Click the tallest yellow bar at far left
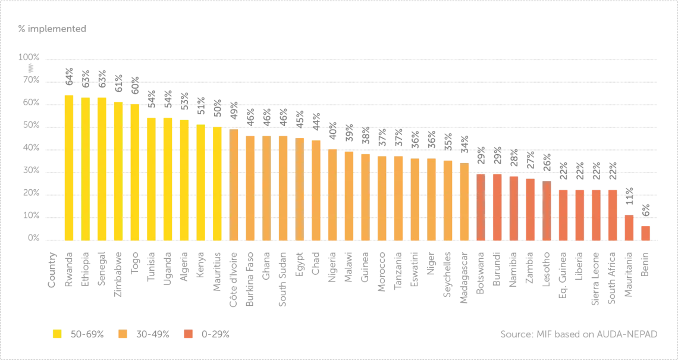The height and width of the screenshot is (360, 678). pyautogui.click(x=69, y=167)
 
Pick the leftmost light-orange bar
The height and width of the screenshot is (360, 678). pyautogui.click(x=234, y=184)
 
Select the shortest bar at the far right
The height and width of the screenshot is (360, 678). pyautogui.click(x=646, y=232)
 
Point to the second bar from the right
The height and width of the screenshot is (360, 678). pyautogui.click(x=629, y=227)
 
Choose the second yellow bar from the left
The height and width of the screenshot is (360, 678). pyautogui.click(x=86, y=168)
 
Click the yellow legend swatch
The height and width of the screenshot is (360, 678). pyautogui.click(x=57, y=334)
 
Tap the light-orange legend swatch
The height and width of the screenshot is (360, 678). pyautogui.click(x=123, y=334)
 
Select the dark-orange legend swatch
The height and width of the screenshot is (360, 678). pyautogui.click(x=189, y=334)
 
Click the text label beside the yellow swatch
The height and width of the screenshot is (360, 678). pyautogui.click(x=85, y=334)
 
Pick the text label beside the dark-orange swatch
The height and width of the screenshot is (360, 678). pyautogui.click(x=216, y=334)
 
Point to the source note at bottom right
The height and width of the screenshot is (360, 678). pyautogui.click(x=580, y=333)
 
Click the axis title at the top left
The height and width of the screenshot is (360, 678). pyautogui.click(x=52, y=29)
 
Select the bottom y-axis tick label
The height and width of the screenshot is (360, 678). pyautogui.click(x=32, y=239)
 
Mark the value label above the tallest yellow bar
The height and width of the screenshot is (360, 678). pyautogui.click(x=69, y=76)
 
